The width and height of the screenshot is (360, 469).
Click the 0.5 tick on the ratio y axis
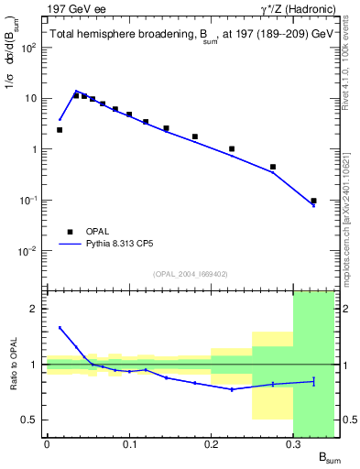coord(33,420)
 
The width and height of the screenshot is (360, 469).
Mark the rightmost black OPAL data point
coord(313,201)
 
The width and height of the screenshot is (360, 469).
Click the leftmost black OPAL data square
coord(60,130)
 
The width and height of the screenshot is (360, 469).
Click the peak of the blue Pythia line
coord(76,91)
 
